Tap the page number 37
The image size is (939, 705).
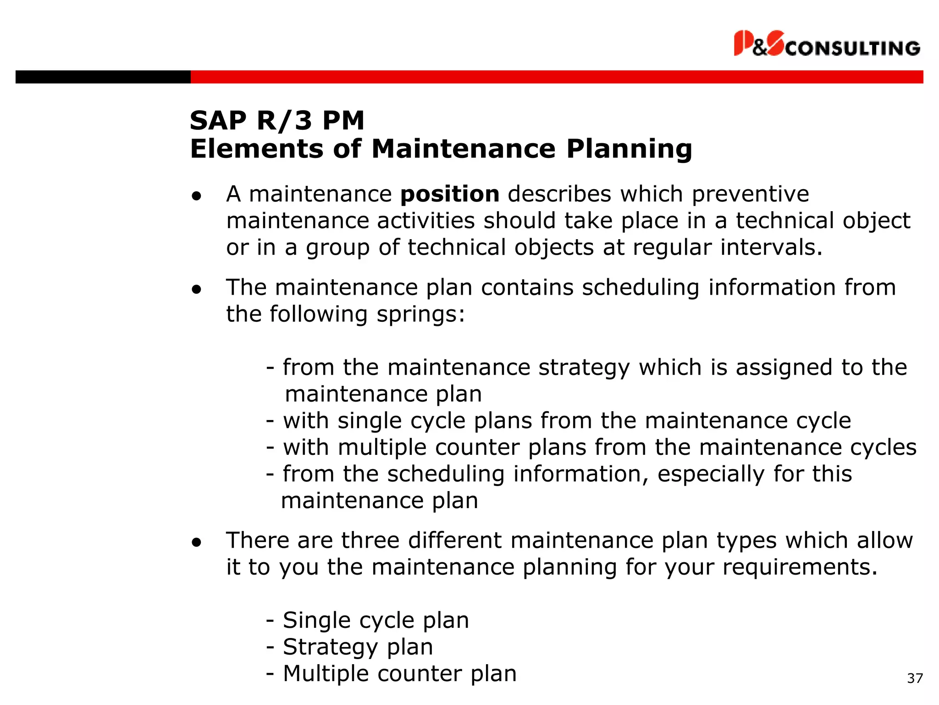pos(915,678)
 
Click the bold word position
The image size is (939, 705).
pos(450,194)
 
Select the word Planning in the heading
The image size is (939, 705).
pos(629,149)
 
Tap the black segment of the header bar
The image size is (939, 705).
pos(103,77)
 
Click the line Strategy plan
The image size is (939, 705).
pos(357,647)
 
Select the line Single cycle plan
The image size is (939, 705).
pos(376,621)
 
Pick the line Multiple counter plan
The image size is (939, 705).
pos(399,674)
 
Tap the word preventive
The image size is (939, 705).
pos(750,194)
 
